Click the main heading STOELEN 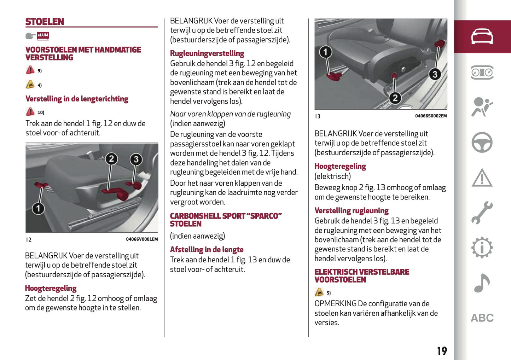pyautogui.click(x=45, y=22)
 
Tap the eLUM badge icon pyautogui.click(x=43, y=35)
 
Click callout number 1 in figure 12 pyautogui.click(x=38, y=208)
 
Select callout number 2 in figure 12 pyautogui.click(x=111, y=159)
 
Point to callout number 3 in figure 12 pyautogui.click(x=136, y=159)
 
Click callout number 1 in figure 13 pyautogui.click(x=325, y=52)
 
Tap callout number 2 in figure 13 pyautogui.click(x=395, y=98)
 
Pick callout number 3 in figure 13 pyautogui.click(x=435, y=74)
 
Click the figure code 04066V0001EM pyautogui.click(x=142, y=239)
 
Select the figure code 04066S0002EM pyautogui.click(x=431, y=116)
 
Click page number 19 pyautogui.click(x=442, y=351)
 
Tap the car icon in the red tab pyautogui.click(x=482, y=36)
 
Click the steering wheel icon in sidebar pyautogui.click(x=482, y=142)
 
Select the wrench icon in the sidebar pyautogui.click(x=482, y=213)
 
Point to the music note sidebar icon pyautogui.click(x=482, y=283)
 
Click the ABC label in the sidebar pyautogui.click(x=482, y=318)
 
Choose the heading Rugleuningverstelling pyautogui.click(x=207, y=53)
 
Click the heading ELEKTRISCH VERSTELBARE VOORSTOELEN pyautogui.click(x=361, y=276)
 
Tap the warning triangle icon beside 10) pyautogui.click(x=30, y=112)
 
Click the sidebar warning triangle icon pyautogui.click(x=482, y=178)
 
